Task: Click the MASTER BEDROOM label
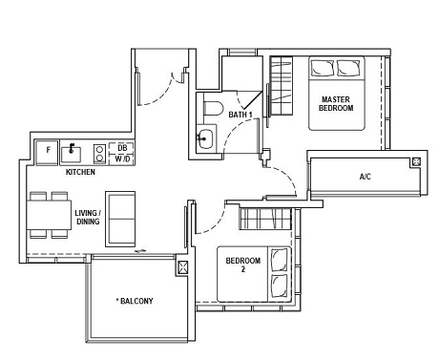pos(336,103)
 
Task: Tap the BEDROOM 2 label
pos(236,265)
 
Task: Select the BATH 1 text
pos(240,115)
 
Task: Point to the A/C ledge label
pos(365,177)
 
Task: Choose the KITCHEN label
pos(79,173)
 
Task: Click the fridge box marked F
pos(44,151)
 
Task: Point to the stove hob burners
pos(98,151)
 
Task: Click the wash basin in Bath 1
pos(205,138)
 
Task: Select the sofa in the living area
pos(121,219)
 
